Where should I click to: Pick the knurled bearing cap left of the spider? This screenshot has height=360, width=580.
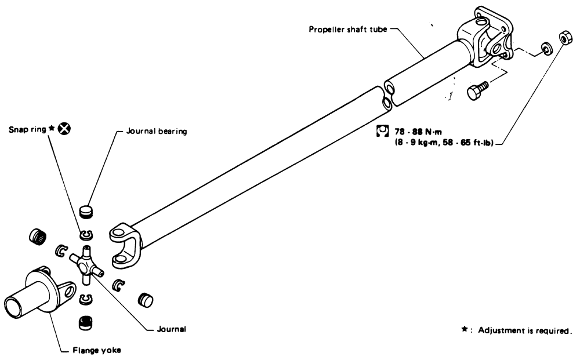point(38,236)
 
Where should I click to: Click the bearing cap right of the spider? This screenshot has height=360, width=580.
point(145,300)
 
